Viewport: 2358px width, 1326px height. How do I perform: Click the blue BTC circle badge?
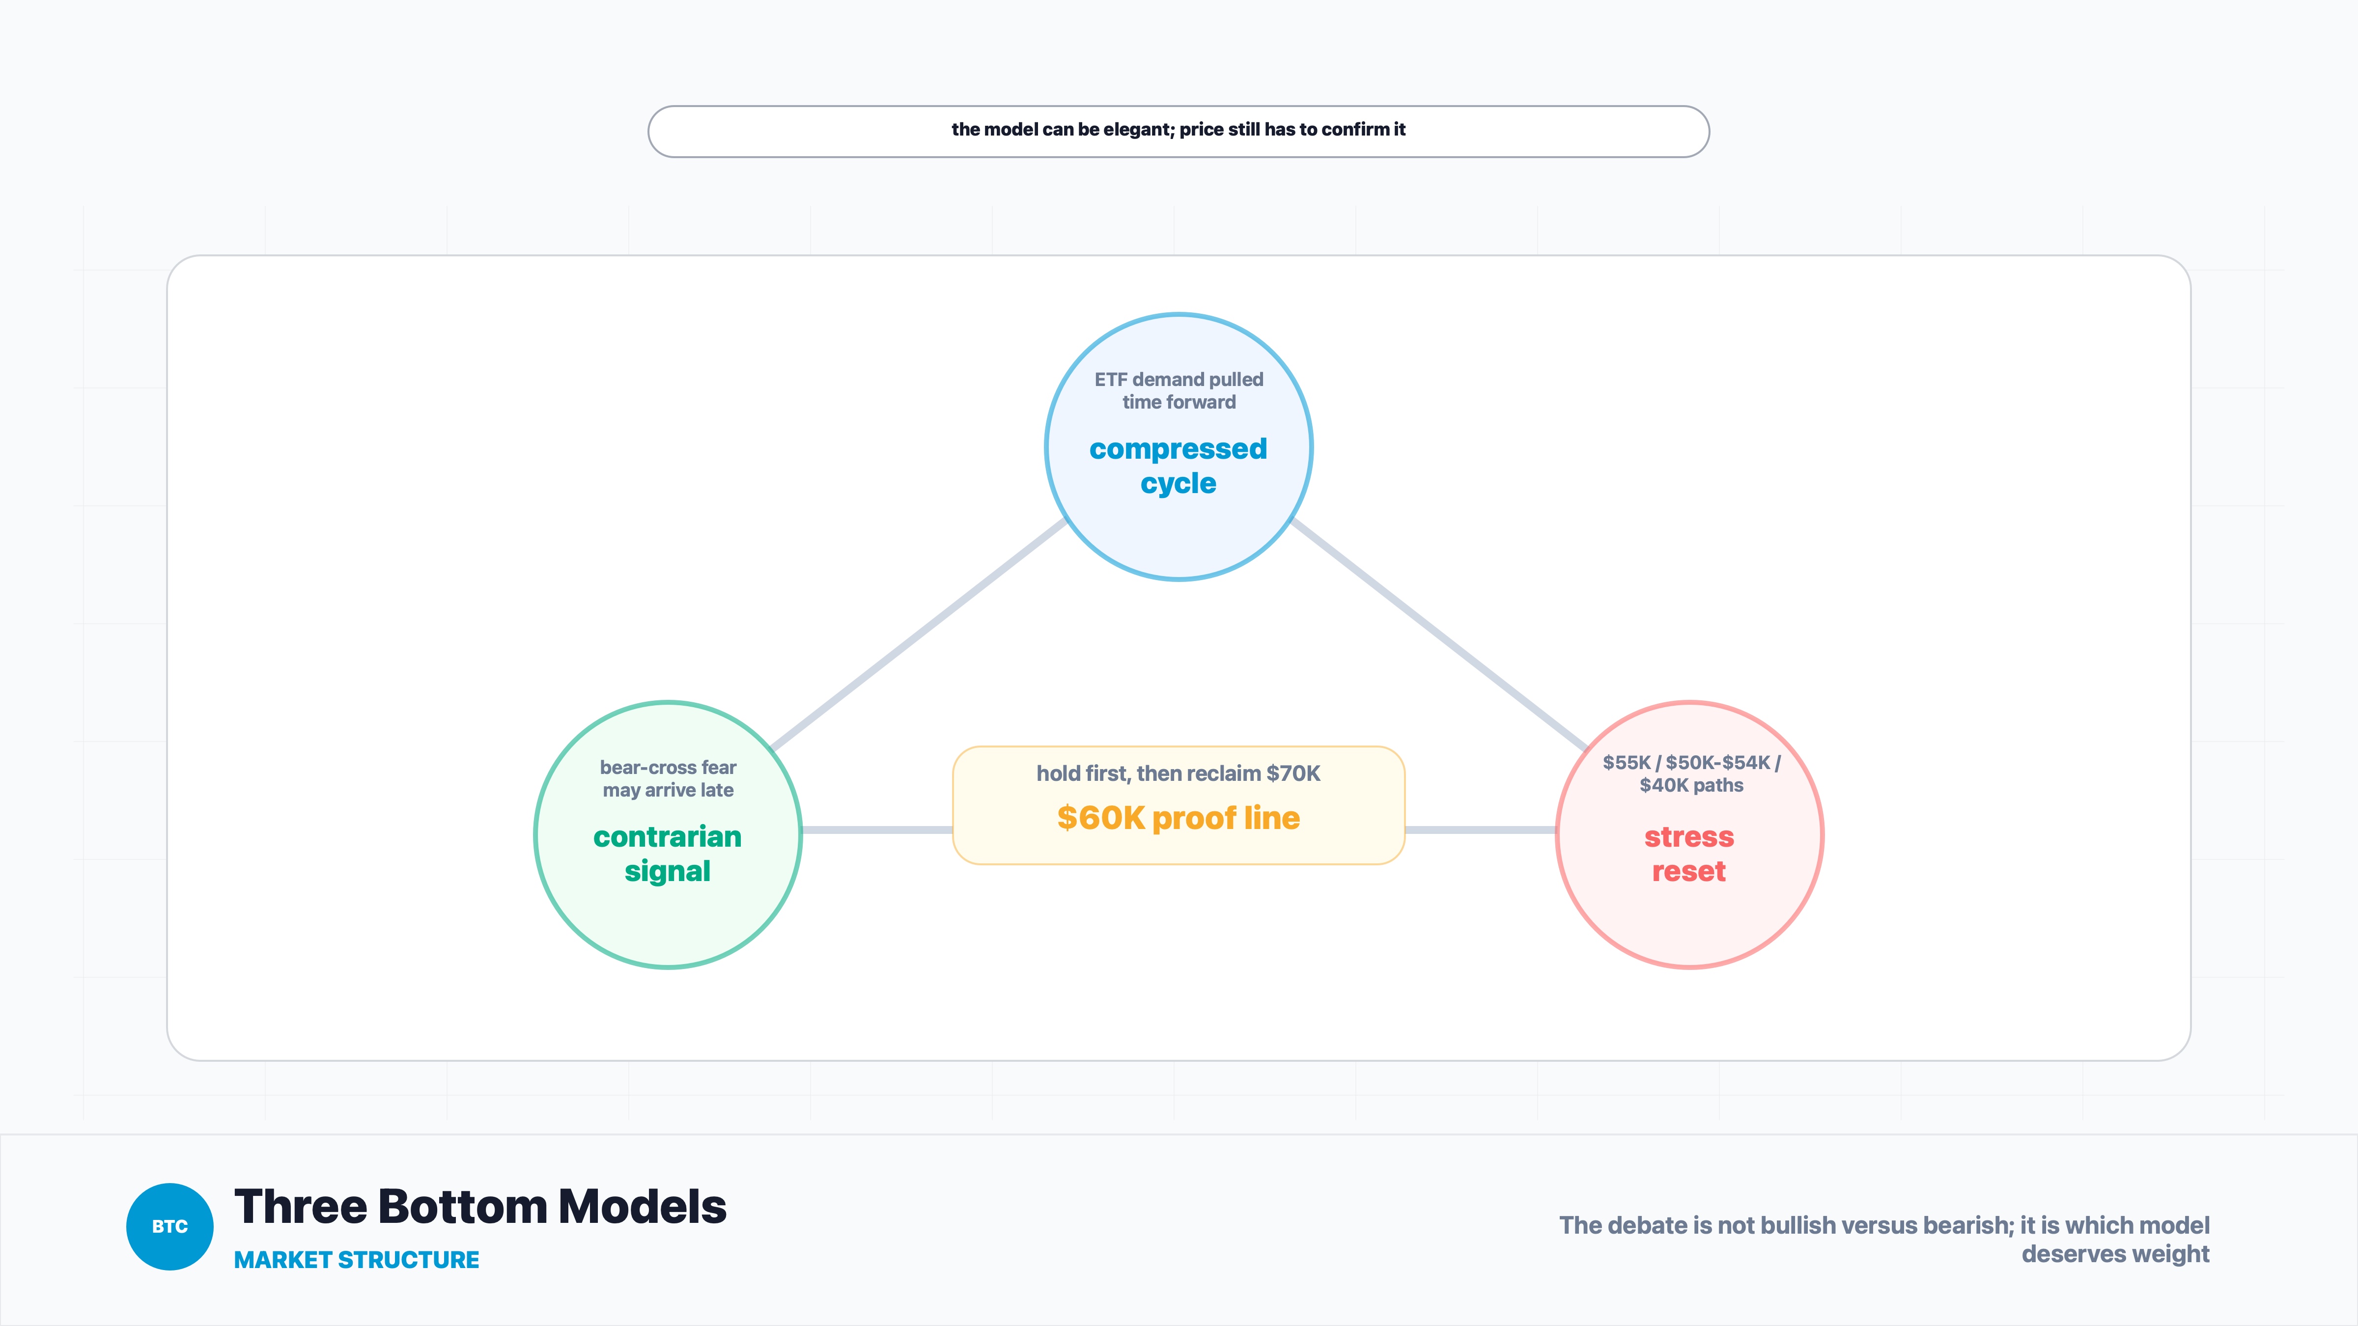coord(169,1226)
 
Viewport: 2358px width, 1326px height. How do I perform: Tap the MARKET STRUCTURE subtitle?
coord(356,1260)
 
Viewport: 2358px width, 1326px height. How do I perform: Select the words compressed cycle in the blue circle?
coord(1178,466)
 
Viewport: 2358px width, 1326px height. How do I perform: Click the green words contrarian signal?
coord(667,854)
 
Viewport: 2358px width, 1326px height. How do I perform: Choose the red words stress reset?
coord(1689,854)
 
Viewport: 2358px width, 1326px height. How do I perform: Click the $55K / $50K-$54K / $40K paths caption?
coord(1691,773)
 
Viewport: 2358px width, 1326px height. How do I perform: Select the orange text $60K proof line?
coord(1178,818)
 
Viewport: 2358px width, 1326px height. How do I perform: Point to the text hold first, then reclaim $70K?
coord(1178,773)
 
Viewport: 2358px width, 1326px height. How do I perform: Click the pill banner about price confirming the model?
coord(1178,131)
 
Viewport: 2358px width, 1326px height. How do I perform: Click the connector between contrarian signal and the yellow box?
coord(877,830)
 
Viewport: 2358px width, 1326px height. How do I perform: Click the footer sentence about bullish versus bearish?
coord(1884,1239)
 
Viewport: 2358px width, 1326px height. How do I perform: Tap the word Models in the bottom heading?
coord(643,1206)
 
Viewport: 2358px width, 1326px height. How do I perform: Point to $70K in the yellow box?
coord(1293,773)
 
